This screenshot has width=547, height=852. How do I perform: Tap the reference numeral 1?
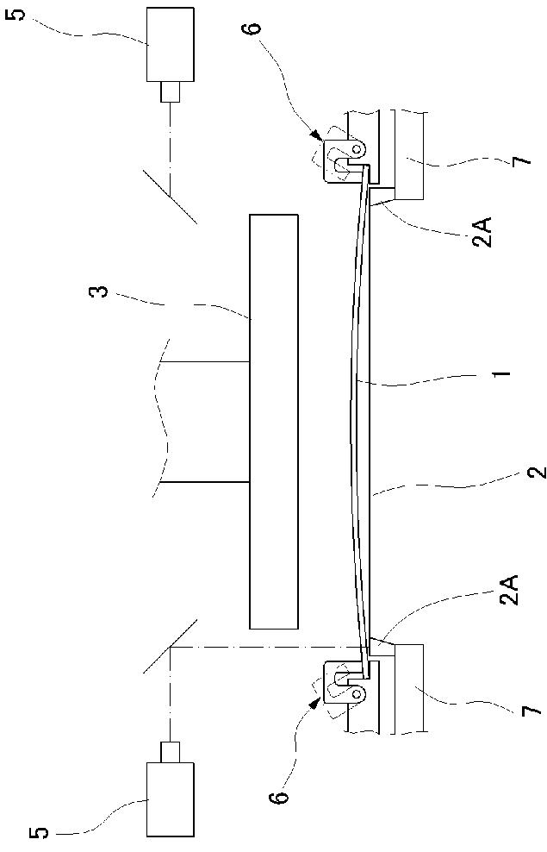point(504,373)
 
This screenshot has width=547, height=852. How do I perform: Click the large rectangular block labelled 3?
point(274,421)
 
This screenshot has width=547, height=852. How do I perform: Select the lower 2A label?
point(510,592)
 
